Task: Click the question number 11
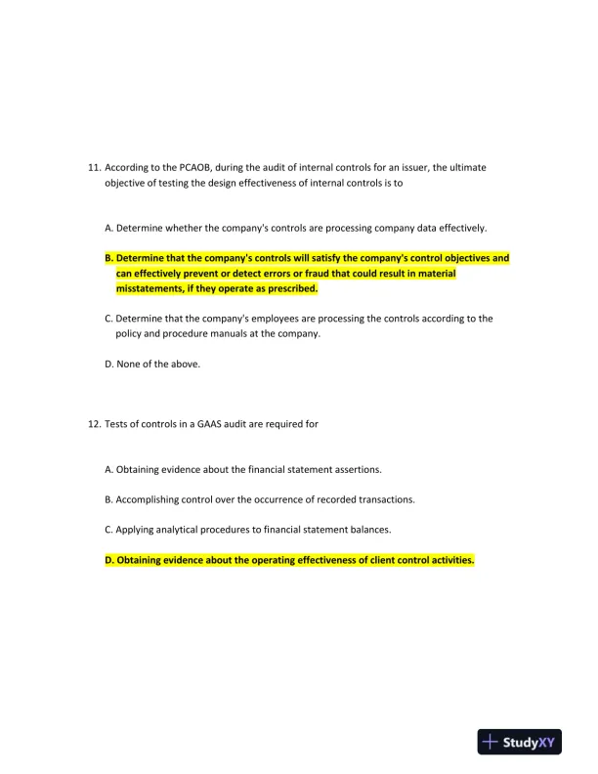coord(94,167)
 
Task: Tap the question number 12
coord(94,424)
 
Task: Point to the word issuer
coord(407,167)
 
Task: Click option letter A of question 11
coord(108,228)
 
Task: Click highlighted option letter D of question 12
coord(108,560)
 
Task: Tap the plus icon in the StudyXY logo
coord(491,742)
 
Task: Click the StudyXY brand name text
coord(533,743)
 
